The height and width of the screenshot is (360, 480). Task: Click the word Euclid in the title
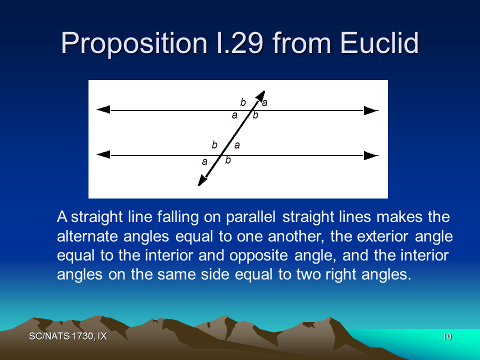379,43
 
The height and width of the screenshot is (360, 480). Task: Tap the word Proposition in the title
134,44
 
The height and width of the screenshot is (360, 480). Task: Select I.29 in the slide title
239,43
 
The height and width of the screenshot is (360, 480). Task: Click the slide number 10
447,336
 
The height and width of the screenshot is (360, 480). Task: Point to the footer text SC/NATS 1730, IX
68,336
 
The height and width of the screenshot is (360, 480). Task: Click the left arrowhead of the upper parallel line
103,109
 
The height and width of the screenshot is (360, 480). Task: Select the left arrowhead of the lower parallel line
103,154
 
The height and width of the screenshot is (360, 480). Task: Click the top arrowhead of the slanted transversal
261,96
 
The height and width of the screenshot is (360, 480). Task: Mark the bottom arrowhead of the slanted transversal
202,180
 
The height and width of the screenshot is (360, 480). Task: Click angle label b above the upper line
243,102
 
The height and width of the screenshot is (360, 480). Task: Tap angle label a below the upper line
234,115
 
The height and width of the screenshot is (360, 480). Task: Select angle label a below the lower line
204,161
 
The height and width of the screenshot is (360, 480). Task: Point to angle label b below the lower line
228,160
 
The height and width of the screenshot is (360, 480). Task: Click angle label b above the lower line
214,145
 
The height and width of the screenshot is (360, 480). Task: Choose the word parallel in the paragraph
250,217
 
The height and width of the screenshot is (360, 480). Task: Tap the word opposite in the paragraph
258,255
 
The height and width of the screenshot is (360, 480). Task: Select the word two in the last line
308,274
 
